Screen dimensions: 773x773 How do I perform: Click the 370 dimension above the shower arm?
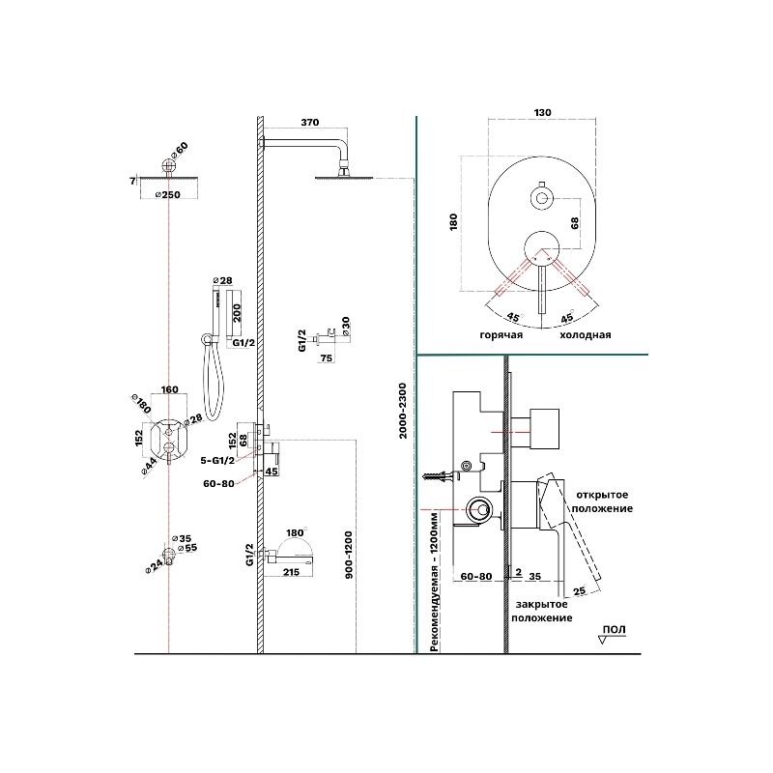tap(309, 123)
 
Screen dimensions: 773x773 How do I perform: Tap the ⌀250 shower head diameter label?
tap(170, 194)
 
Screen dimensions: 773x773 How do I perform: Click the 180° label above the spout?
tap(296, 533)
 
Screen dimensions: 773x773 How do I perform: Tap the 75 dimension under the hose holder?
tap(326, 358)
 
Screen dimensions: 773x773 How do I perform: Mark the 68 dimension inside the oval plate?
tap(574, 223)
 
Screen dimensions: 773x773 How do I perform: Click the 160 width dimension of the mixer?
tap(169, 391)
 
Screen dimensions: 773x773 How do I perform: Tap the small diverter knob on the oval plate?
tap(542, 200)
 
